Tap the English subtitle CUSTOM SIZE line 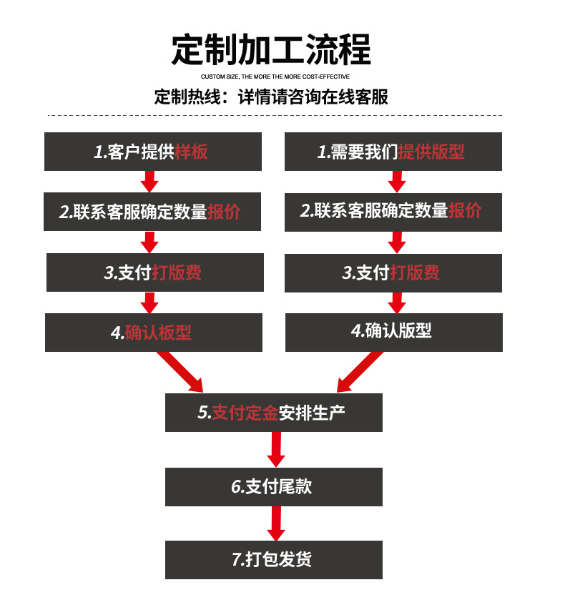275,77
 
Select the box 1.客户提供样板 153,152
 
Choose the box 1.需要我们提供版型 393,152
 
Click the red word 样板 192,152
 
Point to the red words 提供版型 431,152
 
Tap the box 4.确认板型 153,333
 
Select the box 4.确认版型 393,331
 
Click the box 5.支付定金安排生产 273,413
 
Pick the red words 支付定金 245,413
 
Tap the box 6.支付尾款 273,487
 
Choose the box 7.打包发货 273,560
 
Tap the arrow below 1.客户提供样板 149,182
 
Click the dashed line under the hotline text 275,115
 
